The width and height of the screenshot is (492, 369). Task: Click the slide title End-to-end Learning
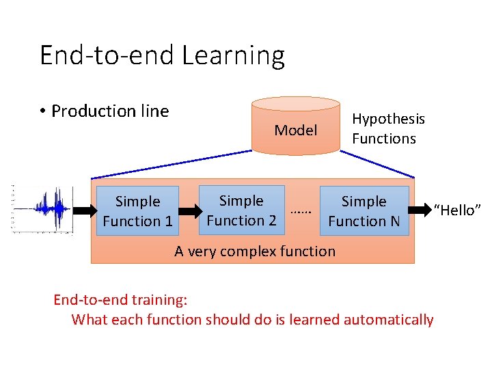(162, 55)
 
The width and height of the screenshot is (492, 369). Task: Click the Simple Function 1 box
(137, 211)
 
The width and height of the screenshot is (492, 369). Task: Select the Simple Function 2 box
(241, 210)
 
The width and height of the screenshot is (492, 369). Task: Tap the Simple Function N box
(364, 211)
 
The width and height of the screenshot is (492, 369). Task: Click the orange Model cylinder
(295, 126)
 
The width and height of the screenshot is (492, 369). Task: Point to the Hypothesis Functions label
(388, 128)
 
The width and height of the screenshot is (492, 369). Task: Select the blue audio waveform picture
(42, 208)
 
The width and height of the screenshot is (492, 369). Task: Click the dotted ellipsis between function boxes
(301, 211)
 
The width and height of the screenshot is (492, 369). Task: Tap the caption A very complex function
(255, 251)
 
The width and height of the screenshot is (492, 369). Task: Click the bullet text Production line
(109, 111)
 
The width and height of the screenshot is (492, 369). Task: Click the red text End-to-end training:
(120, 299)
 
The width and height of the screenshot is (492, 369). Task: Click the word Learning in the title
(232, 55)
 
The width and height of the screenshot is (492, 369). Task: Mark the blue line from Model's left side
(171, 164)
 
